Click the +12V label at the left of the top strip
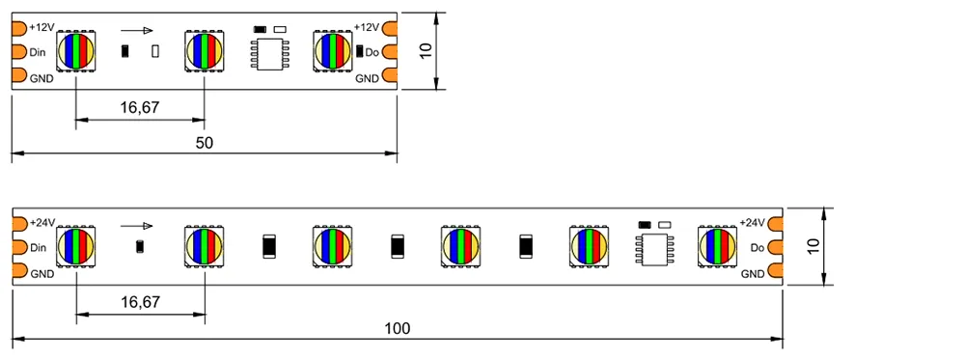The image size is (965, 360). [x=42, y=26]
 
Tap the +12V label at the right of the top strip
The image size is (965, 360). [x=367, y=26]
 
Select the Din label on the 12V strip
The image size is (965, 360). [x=39, y=51]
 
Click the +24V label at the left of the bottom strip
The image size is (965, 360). [x=42, y=222]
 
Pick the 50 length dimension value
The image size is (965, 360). [x=204, y=142]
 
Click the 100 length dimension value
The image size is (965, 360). [x=397, y=328]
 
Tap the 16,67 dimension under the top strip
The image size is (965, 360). [x=140, y=107]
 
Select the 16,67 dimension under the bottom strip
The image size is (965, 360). [x=140, y=302]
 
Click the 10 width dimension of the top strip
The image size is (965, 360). [x=426, y=51]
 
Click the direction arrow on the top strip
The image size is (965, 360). [x=137, y=30]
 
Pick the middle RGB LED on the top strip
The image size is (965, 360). [x=205, y=51]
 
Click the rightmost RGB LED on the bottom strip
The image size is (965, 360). [x=718, y=246]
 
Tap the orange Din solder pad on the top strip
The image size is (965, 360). [x=18, y=51]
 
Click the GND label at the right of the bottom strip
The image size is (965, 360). [x=753, y=273]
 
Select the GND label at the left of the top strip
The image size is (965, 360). [x=42, y=77]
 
